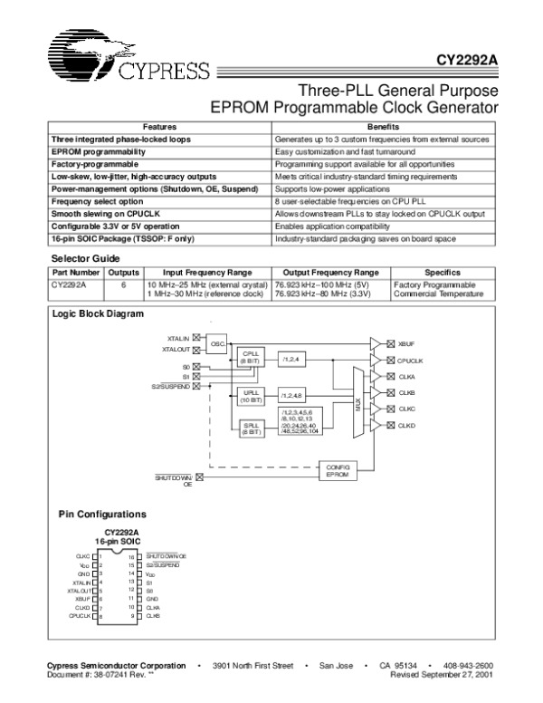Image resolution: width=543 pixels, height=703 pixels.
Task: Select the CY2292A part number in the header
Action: tap(465, 64)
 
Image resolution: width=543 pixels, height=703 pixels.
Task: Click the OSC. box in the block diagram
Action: tap(218, 344)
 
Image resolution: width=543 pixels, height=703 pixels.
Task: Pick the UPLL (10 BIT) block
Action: tap(250, 396)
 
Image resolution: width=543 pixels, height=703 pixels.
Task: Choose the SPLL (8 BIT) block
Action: tap(250, 429)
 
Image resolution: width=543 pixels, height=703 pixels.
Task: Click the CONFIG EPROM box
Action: tap(338, 470)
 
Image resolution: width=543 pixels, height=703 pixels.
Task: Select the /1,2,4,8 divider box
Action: tap(292, 396)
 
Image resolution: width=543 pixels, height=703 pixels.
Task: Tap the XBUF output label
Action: tap(406, 343)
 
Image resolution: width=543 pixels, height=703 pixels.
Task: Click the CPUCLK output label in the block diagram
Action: tap(411, 360)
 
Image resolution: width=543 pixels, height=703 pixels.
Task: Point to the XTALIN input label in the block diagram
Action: tap(178, 338)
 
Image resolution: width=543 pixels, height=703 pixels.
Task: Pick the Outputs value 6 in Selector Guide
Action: tap(122, 284)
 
